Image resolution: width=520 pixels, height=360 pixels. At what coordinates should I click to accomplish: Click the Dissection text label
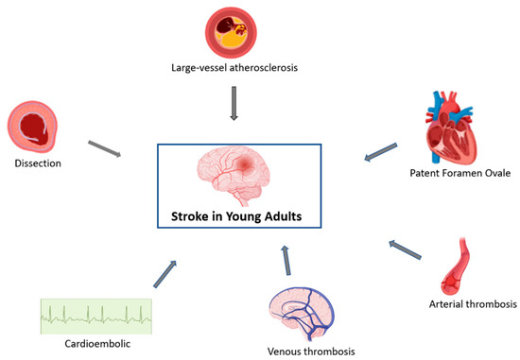39,162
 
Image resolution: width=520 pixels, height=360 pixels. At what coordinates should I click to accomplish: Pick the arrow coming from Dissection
105,147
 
